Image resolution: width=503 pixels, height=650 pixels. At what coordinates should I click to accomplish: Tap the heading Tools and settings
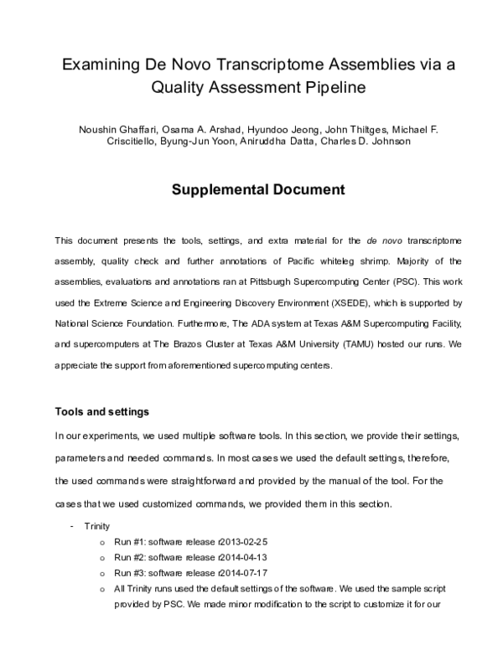coord(102,411)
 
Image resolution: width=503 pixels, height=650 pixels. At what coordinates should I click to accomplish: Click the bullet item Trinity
coord(98,525)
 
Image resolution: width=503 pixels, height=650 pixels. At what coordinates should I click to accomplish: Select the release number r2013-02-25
coord(242,542)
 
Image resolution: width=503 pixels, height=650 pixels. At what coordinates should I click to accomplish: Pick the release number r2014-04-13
coord(242,557)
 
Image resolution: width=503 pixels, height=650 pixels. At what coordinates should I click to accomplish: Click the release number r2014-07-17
coord(242,572)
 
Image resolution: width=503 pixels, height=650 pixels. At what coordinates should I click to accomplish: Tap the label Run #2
coord(130,557)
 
